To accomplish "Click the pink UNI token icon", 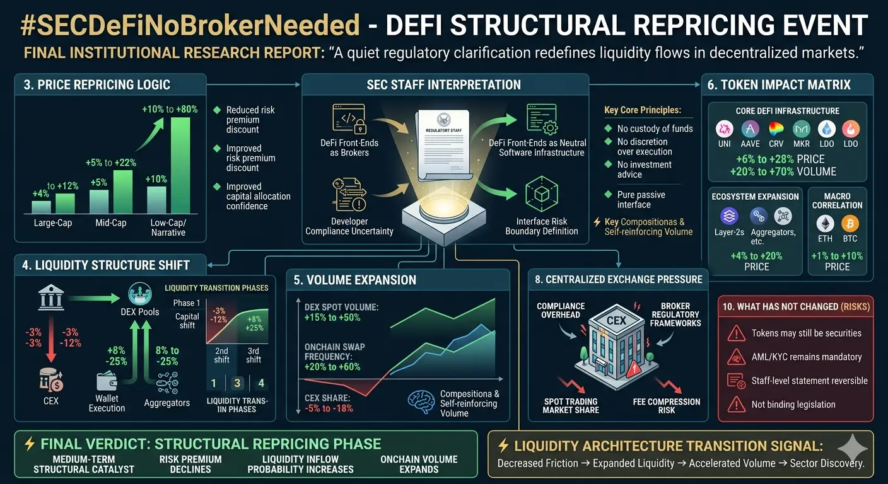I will [x=725, y=130].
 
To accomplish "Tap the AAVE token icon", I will [x=750, y=130].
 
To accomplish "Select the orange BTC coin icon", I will [x=850, y=224].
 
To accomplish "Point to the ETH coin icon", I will [x=825, y=224].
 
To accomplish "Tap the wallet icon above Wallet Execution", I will [x=107, y=381].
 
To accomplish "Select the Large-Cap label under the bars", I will [x=53, y=223].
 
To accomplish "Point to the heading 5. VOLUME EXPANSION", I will [x=354, y=280].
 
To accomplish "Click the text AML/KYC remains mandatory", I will [x=806, y=357].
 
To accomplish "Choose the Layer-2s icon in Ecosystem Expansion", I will [x=730, y=217].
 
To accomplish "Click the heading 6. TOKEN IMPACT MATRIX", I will [x=779, y=84].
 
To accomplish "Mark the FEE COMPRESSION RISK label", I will [x=666, y=406].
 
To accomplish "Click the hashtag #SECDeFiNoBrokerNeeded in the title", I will [x=190, y=25].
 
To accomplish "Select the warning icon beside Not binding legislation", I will [x=736, y=405].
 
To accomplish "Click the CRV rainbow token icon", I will [x=776, y=130].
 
